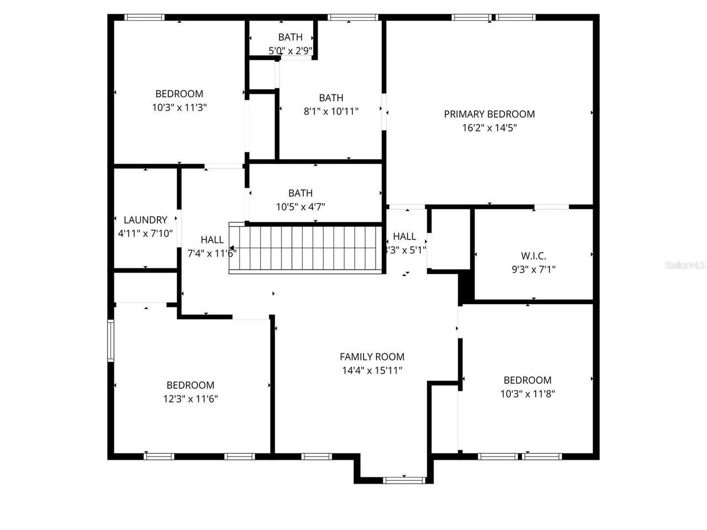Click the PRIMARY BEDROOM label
coord(489,114)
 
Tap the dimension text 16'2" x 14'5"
coord(489,128)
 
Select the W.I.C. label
coord(534,256)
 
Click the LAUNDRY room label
coord(145,220)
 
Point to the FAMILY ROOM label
coord(372,357)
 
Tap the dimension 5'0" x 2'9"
coord(291,51)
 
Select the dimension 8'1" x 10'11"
coord(331,112)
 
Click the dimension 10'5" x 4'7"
coord(300,207)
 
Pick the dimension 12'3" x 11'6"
coord(191,399)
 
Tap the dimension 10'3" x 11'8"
coord(527,394)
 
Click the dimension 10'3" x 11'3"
coord(180,108)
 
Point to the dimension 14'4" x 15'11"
coord(372,370)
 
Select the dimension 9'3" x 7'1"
coord(534,269)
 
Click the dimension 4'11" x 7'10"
coord(145,234)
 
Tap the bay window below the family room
coord(404,480)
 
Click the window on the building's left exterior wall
coord(111,341)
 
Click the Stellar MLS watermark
coord(685,265)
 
